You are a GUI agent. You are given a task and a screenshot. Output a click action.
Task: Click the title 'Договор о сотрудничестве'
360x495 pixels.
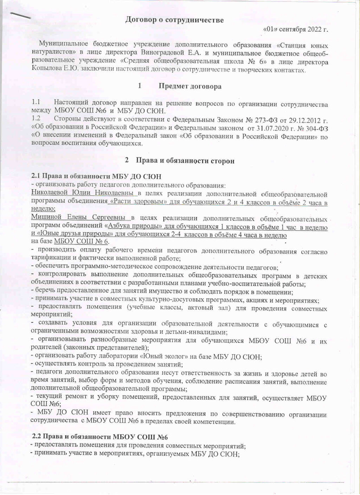tap(174, 20)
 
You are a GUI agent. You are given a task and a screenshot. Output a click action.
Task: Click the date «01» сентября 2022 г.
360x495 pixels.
tap(295, 29)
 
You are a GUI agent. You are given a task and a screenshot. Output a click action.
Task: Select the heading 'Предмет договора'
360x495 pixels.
tap(190, 86)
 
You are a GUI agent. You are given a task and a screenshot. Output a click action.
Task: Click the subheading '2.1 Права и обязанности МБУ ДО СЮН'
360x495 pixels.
tap(96, 177)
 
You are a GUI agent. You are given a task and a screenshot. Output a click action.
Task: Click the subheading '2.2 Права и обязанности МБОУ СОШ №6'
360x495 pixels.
tap(100, 437)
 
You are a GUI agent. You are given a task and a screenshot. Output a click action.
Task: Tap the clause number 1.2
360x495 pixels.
tap(36, 118)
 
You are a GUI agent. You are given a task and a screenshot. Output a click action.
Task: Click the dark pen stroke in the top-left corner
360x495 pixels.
tap(20, 15)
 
